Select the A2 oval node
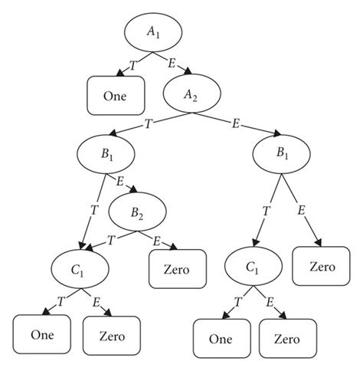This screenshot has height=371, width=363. point(191,94)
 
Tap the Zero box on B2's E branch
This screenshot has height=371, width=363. point(176,271)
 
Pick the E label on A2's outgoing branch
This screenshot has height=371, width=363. point(236,123)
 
